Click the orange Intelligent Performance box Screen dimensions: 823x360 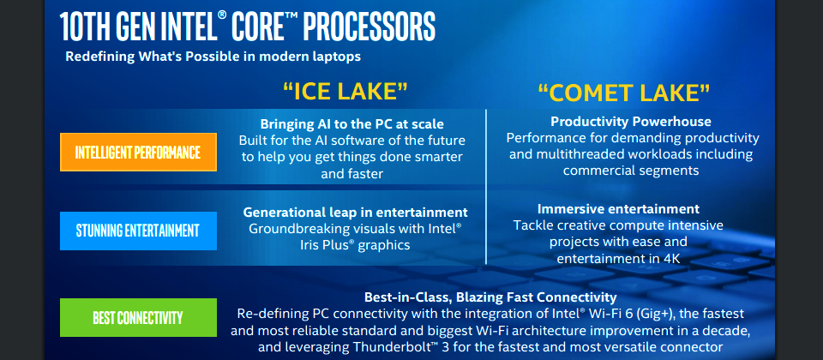pyautogui.click(x=139, y=153)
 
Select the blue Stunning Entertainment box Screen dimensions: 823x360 pyautogui.click(x=139, y=231)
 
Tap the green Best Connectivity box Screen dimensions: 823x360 pyautogui.click(x=139, y=317)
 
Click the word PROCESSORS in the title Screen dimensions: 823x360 pyautogui.click(x=369, y=27)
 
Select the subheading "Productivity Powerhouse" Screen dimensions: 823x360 pyautogui.click(x=631, y=122)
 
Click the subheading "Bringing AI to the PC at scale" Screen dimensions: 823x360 pyautogui.click(x=352, y=124)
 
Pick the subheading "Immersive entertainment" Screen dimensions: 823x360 pyautogui.click(x=618, y=209)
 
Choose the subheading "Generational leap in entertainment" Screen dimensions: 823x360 pyautogui.click(x=355, y=213)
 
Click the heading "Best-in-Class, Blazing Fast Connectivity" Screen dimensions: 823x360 pyautogui.click(x=490, y=297)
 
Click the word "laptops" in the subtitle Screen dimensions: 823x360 pyautogui.click(x=337, y=57)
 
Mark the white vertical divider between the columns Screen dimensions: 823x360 pyautogui.click(x=486, y=187)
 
